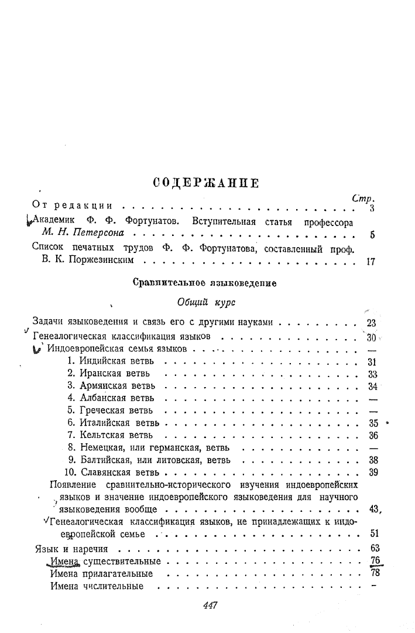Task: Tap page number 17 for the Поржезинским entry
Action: click(370, 262)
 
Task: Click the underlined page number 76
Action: click(376, 561)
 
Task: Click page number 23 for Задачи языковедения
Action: click(371, 322)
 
